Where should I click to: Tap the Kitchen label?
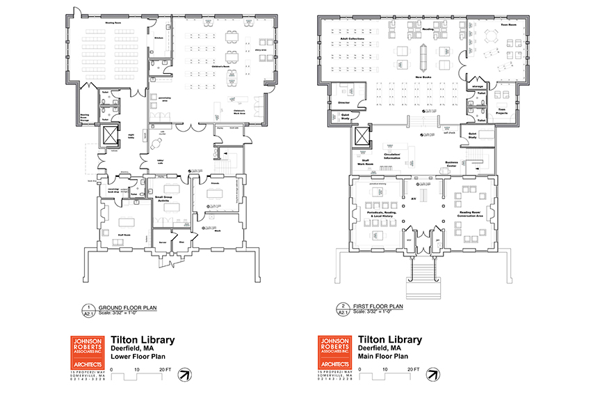tap(158, 38)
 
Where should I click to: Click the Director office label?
tap(343, 102)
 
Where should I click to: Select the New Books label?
tap(424, 77)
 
